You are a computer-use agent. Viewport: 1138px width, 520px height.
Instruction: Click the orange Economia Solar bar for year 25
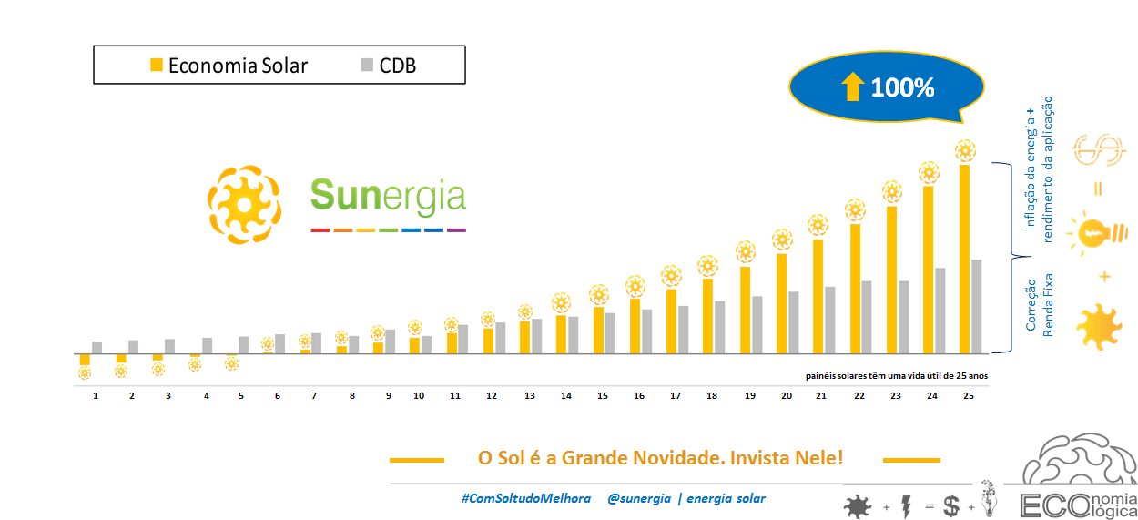click(x=965, y=259)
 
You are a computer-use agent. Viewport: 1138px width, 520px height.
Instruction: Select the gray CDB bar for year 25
click(x=977, y=306)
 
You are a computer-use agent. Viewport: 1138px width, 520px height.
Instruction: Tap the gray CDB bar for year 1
click(x=97, y=347)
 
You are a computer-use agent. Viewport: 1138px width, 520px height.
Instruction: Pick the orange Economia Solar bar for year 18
click(x=707, y=315)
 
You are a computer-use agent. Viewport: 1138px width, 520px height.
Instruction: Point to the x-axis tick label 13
click(x=530, y=396)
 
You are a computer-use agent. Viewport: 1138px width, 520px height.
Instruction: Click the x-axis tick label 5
click(x=241, y=396)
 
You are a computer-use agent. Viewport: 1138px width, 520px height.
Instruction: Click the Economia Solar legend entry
click(x=229, y=66)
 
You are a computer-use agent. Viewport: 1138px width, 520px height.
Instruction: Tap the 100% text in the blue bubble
click(x=902, y=88)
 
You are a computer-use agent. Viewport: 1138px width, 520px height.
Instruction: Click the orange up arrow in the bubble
click(x=852, y=87)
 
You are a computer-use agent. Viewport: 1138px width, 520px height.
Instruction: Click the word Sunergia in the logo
click(x=388, y=195)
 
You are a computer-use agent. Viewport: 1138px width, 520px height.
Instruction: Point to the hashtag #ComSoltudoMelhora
click(x=525, y=498)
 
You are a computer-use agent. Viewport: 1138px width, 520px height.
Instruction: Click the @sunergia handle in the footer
click(x=639, y=498)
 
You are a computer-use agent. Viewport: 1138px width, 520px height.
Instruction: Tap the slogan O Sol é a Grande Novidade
click(x=660, y=457)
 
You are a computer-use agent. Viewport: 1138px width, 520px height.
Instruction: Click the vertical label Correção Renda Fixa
click(x=1039, y=305)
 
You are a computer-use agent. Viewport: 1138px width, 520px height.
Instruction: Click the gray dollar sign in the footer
click(x=951, y=506)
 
